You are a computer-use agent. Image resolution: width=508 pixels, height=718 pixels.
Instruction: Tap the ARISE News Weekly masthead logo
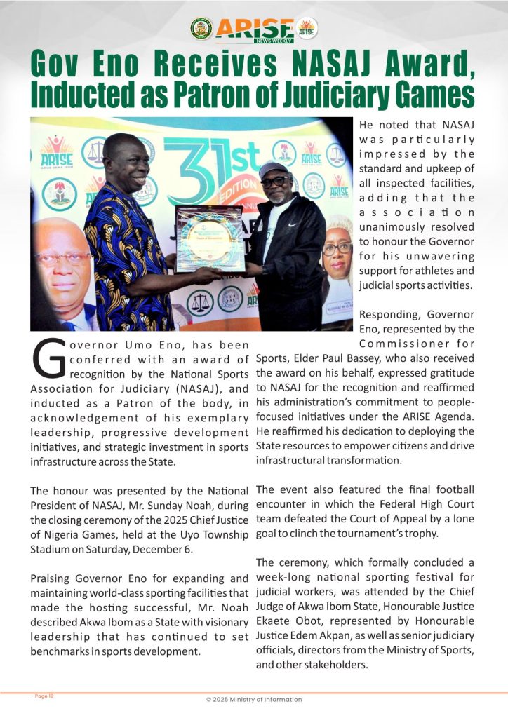click(254, 29)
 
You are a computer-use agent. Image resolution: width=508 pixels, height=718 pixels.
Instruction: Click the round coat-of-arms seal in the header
click(201, 29)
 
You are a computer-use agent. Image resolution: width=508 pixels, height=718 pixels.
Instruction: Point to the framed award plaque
click(210, 238)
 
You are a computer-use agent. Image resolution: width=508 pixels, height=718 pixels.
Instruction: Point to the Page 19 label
click(43, 696)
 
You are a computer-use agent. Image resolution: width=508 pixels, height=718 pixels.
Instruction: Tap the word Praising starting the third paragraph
click(53, 579)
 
